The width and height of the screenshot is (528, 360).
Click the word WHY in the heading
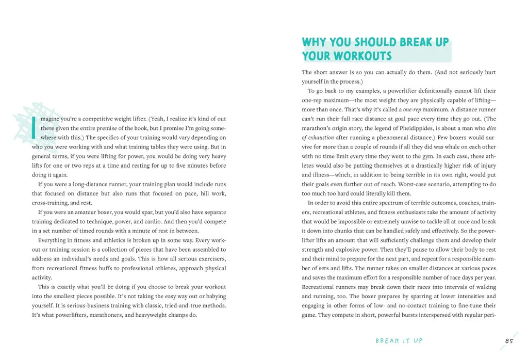[314, 42]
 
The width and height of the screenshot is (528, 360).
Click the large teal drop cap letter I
[34, 127]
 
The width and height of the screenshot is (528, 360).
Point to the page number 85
[509, 341]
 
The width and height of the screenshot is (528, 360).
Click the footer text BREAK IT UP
[399, 341]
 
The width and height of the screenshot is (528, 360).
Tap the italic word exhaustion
[320, 138]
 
